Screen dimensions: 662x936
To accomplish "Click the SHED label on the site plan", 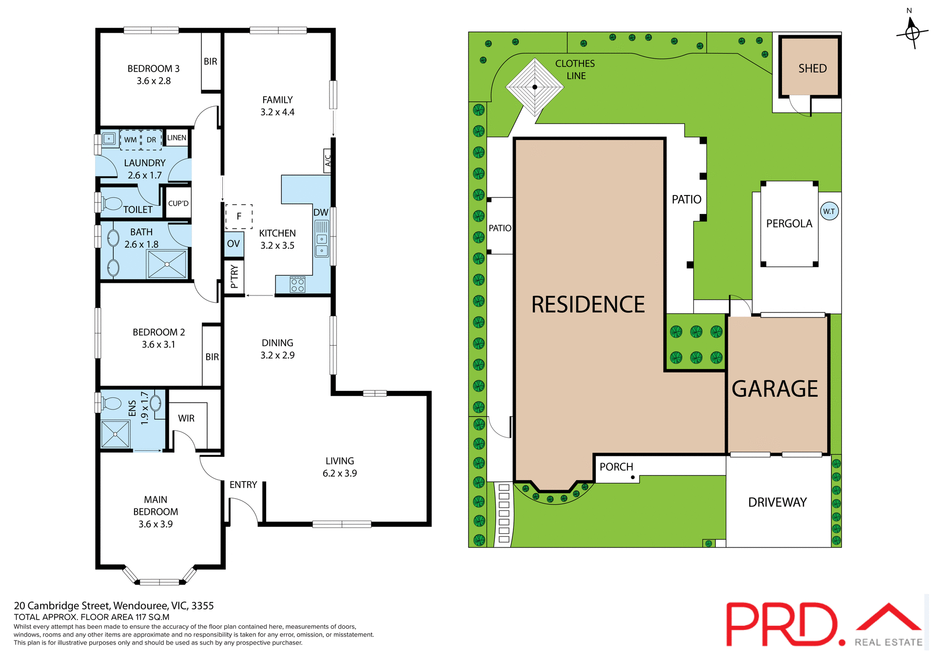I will pos(812,69).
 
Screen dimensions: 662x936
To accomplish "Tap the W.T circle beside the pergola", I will pos(829,212).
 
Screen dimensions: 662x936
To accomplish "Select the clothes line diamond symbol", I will pos(535,87).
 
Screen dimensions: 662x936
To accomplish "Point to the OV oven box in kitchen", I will pos(234,244).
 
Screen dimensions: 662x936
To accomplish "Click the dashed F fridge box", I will pos(239,216).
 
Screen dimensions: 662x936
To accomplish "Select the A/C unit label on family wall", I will pos(328,160).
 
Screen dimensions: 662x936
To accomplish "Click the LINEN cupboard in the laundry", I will pos(176,138).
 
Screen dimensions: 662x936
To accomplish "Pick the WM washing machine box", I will pos(130,140).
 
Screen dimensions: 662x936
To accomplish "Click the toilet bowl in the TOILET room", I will pos(112,203).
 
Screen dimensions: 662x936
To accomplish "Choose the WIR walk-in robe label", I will pos(186,418).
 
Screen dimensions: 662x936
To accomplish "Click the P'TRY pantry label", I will pos(234,277).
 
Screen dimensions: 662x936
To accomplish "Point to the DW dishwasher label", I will pos(321,213).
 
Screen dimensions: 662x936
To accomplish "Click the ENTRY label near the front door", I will pos(243,485).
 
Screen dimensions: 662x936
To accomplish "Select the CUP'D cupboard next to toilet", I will pos(178,203).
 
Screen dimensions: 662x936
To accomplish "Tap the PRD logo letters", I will pos(782,624).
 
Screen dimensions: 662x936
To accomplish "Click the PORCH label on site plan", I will pos(616,467).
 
